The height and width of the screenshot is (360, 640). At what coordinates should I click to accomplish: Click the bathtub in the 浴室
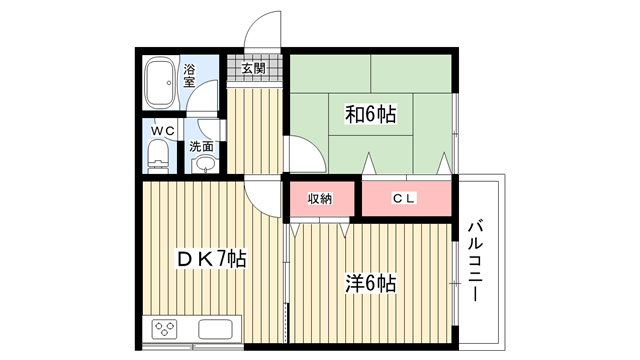[x=160, y=82]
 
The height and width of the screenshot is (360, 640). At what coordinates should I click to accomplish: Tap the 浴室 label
[x=189, y=76]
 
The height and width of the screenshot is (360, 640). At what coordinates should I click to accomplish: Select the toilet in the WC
[x=158, y=157]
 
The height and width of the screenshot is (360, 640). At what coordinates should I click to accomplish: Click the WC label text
[x=163, y=131]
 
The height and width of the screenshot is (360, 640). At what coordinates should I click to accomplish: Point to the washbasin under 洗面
[x=204, y=164]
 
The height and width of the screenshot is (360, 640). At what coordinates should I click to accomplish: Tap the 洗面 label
[x=201, y=146]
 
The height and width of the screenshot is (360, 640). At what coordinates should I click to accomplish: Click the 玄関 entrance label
[x=253, y=68]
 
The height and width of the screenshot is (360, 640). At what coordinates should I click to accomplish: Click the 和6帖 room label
[x=371, y=114]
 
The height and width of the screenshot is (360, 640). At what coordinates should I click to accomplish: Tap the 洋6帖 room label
[x=371, y=283]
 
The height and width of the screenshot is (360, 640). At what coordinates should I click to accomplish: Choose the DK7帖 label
[x=212, y=258]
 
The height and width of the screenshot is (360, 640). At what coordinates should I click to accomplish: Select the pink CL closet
[x=407, y=199]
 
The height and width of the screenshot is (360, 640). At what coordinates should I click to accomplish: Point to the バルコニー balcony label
[x=475, y=261]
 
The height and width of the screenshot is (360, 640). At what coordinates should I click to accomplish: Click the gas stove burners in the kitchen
[x=164, y=329]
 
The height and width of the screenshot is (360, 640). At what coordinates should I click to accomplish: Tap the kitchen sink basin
[x=215, y=329]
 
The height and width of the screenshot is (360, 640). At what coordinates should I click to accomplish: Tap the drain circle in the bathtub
[x=169, y=83]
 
